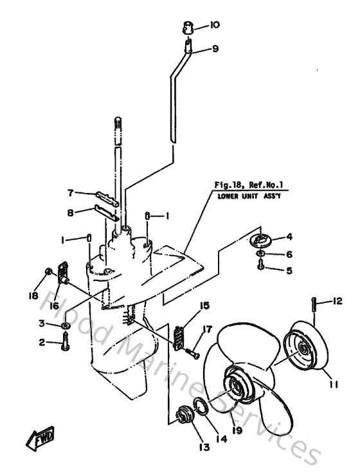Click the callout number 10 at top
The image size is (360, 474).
[x=214, y=25]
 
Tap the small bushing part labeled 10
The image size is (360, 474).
[x=187, y=28]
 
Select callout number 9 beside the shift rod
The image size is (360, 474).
[x=215, y=48]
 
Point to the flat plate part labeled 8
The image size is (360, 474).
[x=106, y=212]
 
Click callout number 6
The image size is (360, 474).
[x=289, y=254]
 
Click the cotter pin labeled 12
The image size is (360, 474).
[x=314, y=304]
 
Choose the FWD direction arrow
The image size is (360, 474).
[x=40, y=442]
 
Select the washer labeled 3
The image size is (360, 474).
[x=66, y=328]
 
